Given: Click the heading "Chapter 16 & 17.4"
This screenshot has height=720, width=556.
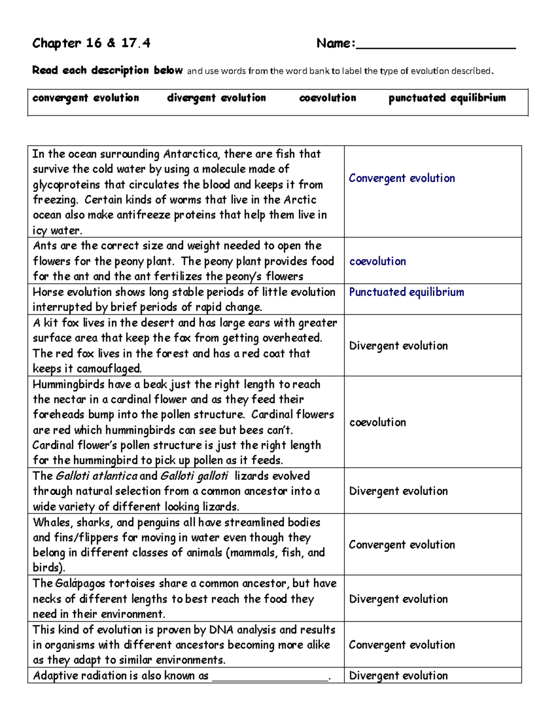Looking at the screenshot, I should (x=91, y=44).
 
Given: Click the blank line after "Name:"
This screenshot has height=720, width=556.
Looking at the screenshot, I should (x=436, y=46).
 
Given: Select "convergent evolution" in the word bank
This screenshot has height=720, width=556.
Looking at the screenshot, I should (x=86, y=98).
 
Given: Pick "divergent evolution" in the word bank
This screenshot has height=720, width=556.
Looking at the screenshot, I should (x=216, y=98).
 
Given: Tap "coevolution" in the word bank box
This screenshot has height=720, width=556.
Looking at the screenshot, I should (x=328, y=98).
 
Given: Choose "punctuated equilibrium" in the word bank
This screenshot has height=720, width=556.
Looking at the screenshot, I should (x=447, y=98).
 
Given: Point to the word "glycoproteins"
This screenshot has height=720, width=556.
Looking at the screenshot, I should (x=66, y=185).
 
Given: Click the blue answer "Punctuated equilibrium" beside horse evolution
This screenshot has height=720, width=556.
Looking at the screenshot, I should (x=406, y=292).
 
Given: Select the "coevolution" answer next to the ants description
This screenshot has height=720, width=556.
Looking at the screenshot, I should (x=378, y=261).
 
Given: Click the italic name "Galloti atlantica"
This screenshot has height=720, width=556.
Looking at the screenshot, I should (x=96, y=476).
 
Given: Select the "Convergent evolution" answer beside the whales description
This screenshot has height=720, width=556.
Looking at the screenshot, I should (x=402, y=545).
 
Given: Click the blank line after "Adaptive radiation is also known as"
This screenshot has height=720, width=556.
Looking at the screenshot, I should (x=270, y=678).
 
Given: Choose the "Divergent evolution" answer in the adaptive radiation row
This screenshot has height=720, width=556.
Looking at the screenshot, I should (x=398, y=675).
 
